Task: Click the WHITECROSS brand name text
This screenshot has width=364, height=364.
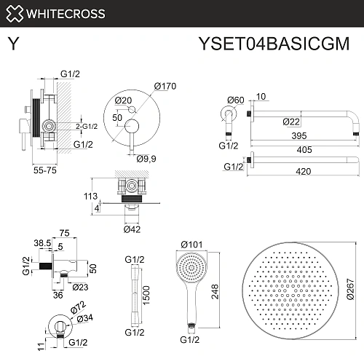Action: click(x=66, y=13)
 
